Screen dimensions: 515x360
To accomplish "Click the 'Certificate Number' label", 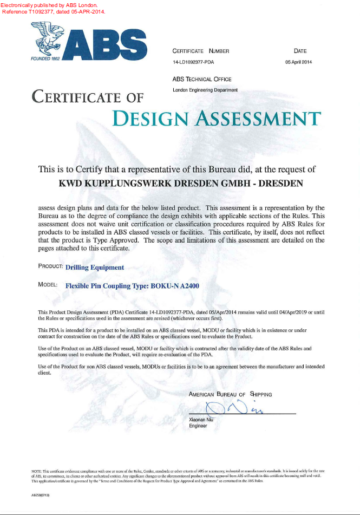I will (201, 51).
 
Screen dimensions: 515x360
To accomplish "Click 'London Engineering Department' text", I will (205, 90).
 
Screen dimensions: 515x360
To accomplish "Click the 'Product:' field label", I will (51, 266).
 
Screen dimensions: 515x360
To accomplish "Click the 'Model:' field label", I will (48, 284).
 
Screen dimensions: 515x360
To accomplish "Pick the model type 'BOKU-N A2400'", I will (174, 285).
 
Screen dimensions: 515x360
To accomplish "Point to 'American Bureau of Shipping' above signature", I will (230, 394).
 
